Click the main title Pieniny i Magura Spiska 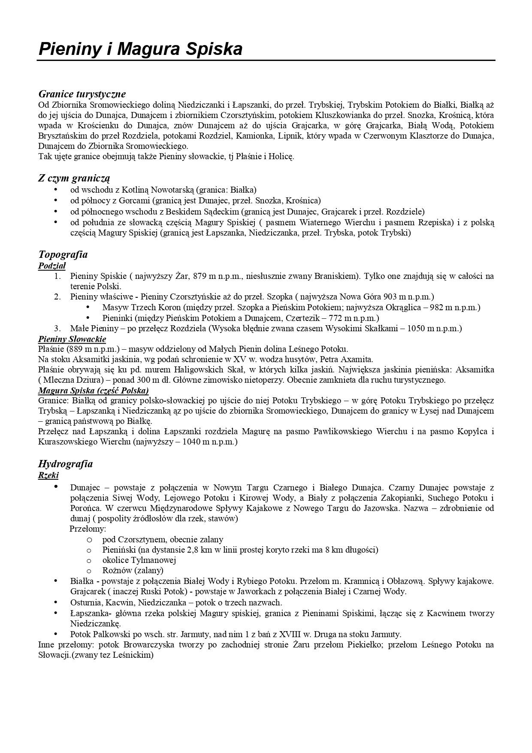click(141, 49)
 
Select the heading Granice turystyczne click(82, 94)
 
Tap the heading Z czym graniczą click(74, 178)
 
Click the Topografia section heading click(63, 254)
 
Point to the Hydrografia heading click(65, 464)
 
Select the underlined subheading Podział click(52, 266)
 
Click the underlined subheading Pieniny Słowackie click(72, 339)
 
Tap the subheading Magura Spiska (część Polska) click(94, 390)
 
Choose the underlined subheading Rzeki click(48, 475)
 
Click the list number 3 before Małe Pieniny click(57, 329)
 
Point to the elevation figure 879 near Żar click(200, 276)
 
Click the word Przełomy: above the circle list click(88, 529)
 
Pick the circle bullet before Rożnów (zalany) click(89, 571)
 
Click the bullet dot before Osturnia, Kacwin click(55, 602)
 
